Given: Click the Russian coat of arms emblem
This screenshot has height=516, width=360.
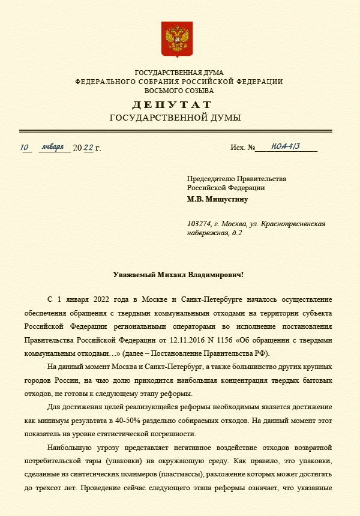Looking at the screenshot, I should pyautogui.click(x=177, y=39).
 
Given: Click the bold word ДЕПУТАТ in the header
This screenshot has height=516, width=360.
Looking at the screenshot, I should pyautogui.click(x=172, y=105).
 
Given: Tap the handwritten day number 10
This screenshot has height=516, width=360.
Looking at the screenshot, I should pyautogui.click(x=25, y=147).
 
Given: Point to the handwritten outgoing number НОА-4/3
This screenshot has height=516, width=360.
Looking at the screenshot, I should pyautogui.click(x=286, y=146).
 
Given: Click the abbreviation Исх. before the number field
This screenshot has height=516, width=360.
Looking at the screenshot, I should pyautogui.click(x=238, y=148).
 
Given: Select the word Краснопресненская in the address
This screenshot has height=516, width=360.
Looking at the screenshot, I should pyautogui.click(x=292, y=224).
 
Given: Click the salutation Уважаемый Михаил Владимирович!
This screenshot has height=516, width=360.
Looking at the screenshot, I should pyautogui.click(x=178, y=275).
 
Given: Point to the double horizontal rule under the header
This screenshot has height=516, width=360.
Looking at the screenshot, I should pyautogui.click(x=175, y=131).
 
